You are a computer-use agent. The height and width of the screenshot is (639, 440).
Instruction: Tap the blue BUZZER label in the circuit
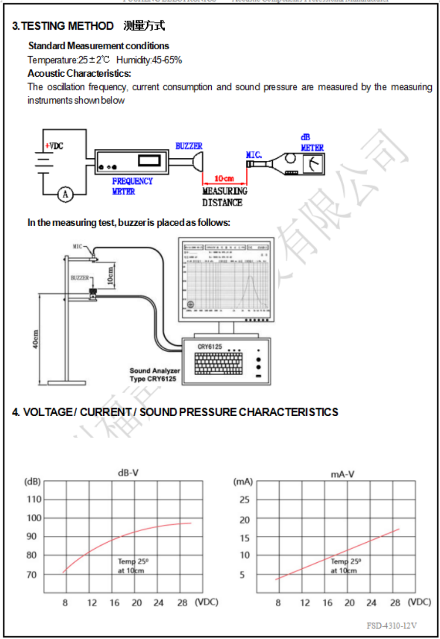click(x=189, y=146)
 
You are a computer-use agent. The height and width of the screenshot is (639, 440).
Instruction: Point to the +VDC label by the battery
click(x=54, y=146)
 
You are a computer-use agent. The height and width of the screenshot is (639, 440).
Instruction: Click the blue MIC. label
click(x=254, y=155)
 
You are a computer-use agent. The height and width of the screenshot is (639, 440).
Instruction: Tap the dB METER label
click(x=311, y=143)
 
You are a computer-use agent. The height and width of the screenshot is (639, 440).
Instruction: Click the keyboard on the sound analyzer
click(x=217, y=363)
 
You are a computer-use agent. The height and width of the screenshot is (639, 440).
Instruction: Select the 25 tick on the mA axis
click(x=244, y=500)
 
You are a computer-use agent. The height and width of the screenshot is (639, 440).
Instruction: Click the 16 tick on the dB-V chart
click(x=114, y=603)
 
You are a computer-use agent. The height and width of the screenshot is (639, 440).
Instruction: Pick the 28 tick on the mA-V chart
click(x=396, y=603)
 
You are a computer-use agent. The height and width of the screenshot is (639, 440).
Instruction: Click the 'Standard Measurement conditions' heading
click(x=99, y=46)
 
